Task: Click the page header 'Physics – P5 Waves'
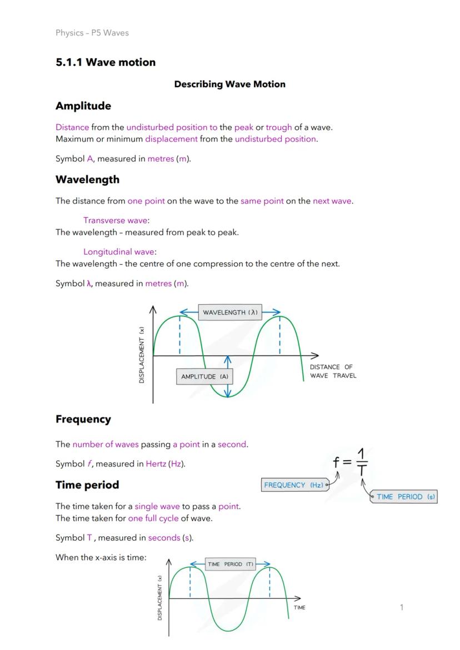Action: coord(92,33)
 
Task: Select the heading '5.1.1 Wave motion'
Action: coord(106,62)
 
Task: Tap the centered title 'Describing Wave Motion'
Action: coord(229,84)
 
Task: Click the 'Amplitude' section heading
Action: coord(83,106)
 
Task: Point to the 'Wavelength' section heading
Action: coord(87,180)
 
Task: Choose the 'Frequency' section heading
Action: coord(83,420)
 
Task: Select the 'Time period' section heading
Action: coord(87,485)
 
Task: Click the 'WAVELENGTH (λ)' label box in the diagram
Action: coord(230,313)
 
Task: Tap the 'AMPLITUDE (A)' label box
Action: coord(204,376)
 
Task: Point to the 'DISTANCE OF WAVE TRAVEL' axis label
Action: coord(333,371)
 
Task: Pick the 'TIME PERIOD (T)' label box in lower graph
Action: coord(230,564)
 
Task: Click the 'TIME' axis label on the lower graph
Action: coord(299,608)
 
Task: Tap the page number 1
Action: coord(402,607)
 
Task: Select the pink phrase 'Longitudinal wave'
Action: coord(119,251)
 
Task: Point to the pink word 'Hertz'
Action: coord(156,463)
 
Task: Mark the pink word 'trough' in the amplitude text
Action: coord(279,127)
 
